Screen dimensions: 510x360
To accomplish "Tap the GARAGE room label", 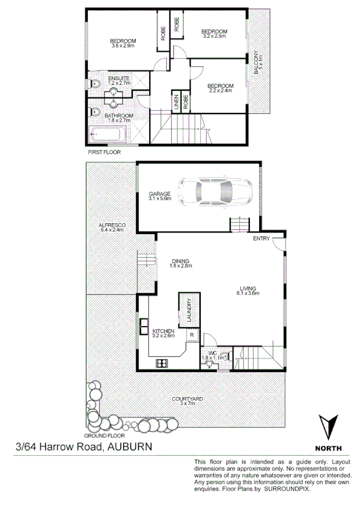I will pos(160,194).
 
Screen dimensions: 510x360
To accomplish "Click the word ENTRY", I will pos(261,239).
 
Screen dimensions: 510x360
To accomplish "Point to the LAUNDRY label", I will pos(188,310).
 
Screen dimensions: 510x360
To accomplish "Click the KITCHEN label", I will pos(163,331).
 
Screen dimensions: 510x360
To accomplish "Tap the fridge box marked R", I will pos(192,334).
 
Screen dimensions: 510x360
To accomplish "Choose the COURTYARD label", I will pos(187,399).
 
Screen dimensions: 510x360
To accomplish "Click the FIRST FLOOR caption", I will pos(104,153).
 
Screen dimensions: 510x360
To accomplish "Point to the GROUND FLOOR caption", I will pos(104,435).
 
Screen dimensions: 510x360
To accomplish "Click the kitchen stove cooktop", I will pos(162,362).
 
